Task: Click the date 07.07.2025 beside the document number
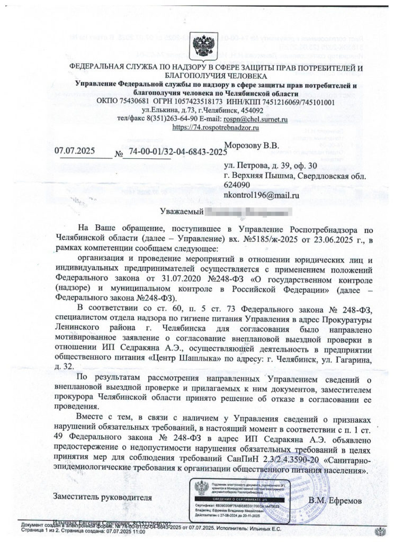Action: coord(76,150)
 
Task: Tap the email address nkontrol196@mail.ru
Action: coord(262,195)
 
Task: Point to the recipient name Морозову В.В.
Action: coord(252,145)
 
